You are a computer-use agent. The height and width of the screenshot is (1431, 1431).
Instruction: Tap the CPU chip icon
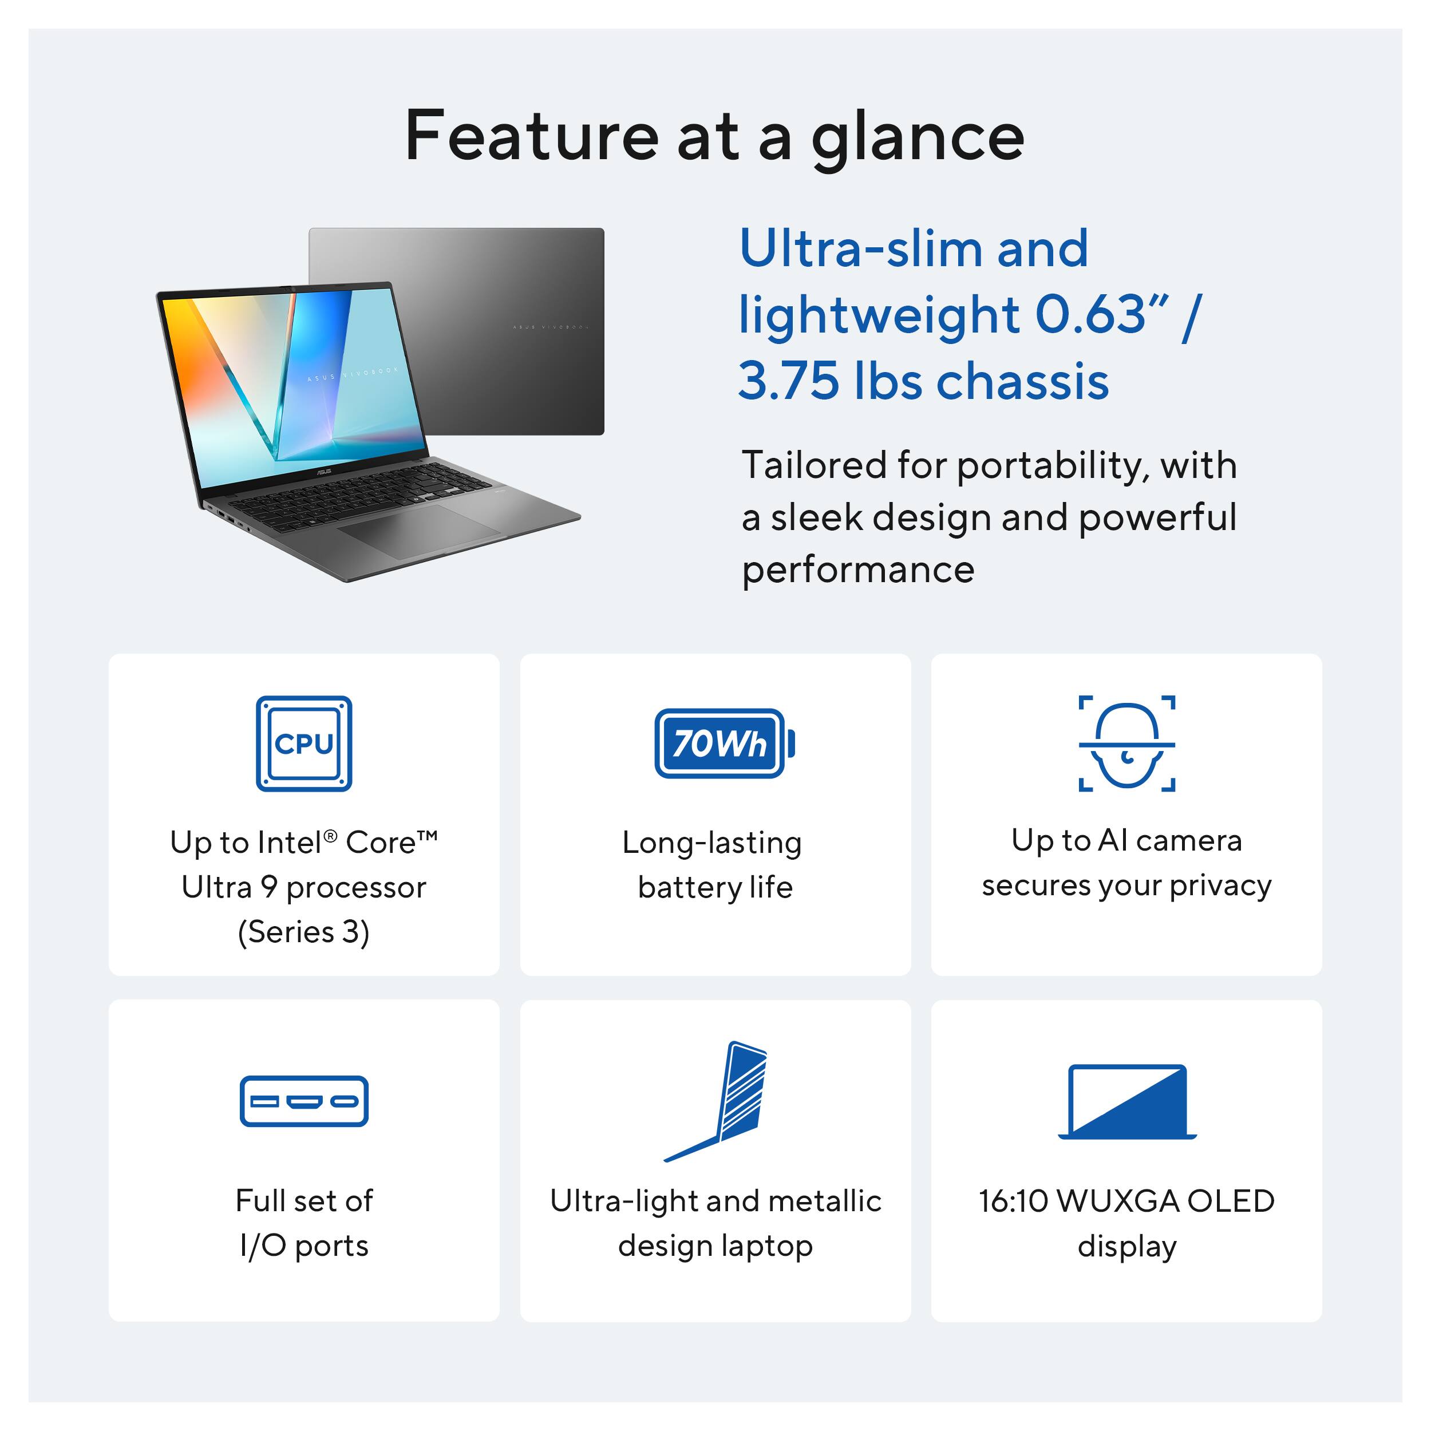304,743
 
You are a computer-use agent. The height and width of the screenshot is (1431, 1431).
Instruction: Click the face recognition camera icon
1126,743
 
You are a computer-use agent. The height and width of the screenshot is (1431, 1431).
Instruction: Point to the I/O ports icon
304,1101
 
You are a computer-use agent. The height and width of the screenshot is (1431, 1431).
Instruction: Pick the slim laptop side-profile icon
722,1101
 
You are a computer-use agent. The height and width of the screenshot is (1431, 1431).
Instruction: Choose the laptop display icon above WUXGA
1126,1101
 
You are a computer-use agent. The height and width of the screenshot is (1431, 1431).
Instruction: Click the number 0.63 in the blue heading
1090,315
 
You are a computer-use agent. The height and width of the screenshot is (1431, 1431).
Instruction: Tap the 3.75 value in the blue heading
789,381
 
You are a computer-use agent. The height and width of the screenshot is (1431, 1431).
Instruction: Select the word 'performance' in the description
857,570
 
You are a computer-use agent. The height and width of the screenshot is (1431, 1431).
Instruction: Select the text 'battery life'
715,887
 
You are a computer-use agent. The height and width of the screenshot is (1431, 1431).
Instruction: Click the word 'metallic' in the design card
824,1201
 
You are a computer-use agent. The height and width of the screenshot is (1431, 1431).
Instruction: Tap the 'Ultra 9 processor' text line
304,887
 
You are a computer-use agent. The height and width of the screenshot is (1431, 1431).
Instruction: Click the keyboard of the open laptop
355,495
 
